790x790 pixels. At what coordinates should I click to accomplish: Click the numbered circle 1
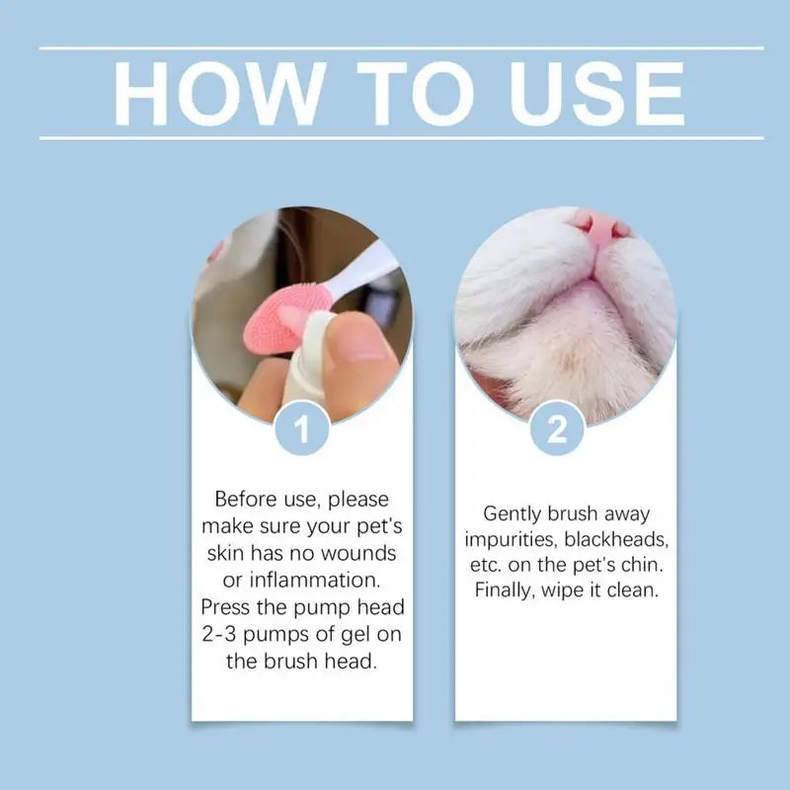point(301,429)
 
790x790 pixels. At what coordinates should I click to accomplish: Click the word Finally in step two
point(507,592)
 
